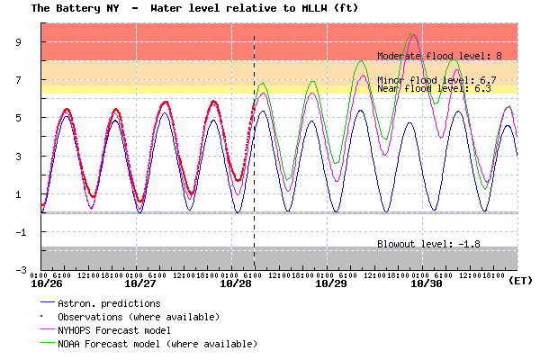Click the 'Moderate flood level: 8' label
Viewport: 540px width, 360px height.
click(x=439, y=56)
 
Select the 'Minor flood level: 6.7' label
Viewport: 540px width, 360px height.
click(x=436, y=80)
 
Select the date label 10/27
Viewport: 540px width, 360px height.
click(x=142, y=283)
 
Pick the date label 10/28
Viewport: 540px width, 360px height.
click(x=237, y=283)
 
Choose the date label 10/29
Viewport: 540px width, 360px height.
click(x=331, y=283)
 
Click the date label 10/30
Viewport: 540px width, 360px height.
click(x=426, y=283)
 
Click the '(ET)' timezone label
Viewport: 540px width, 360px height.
click(x=520, y=281)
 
